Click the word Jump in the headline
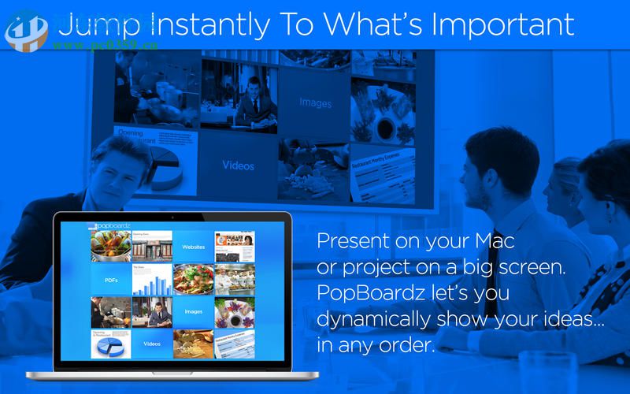click(98, 25)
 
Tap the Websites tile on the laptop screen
click(194, 247)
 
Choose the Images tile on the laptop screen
click(194, 311)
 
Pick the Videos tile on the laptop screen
click(152, 344)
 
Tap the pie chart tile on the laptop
click(111, 344)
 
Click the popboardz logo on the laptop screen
click(110, 225)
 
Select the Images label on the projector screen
click(315, 102)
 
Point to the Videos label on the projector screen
click(238, 165)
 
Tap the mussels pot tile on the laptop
click(111, 247)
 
